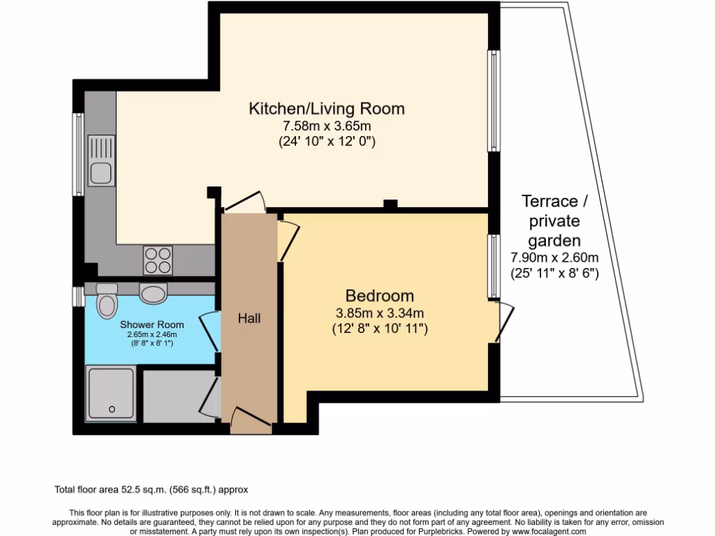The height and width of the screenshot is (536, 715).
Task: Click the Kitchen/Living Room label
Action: click(327, 109)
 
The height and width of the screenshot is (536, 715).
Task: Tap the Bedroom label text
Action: click(379, 295)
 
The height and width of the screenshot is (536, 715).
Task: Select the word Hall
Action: click(249, 318)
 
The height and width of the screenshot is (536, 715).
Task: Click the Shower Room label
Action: click(152, 325)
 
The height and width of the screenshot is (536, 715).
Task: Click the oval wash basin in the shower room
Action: click(154, 293)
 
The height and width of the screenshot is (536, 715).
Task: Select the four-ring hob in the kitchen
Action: click(158, 260)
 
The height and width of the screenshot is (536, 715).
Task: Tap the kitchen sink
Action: click(100, 170)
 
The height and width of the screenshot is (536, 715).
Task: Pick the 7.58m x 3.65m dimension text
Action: click(326, 126)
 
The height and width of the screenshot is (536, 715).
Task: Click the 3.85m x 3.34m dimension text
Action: click(379, 312)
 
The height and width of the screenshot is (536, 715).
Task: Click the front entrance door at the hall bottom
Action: click(244, 419)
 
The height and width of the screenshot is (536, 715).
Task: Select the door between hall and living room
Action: click(244, 202)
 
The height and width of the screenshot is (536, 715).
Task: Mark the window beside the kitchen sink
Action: click(79, 154)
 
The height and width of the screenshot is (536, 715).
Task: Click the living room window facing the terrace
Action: click(494, 102)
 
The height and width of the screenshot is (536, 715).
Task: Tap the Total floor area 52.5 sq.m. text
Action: click(151, 489)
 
